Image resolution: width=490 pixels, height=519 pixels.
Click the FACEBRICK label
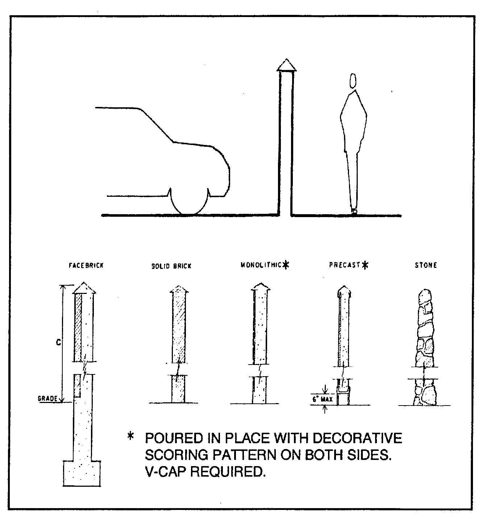coord(86,265)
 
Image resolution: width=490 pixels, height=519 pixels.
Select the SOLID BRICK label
coord(171,266)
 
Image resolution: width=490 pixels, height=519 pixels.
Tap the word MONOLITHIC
coord(261,265)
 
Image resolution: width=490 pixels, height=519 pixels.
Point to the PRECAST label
coord(345,265)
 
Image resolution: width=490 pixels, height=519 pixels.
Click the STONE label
coord(426,265)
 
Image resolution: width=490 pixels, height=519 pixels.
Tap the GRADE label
coord(47,399)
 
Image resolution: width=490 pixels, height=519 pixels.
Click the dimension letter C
coord(58,342)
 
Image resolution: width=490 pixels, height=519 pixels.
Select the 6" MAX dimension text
coord(323,400)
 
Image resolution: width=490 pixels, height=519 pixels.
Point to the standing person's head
coord(352,80)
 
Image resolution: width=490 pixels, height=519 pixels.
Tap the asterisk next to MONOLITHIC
coord(286,265)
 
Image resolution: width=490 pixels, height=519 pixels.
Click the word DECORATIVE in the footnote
coord(357,438)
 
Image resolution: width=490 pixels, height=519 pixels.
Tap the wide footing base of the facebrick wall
coord(82,473)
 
